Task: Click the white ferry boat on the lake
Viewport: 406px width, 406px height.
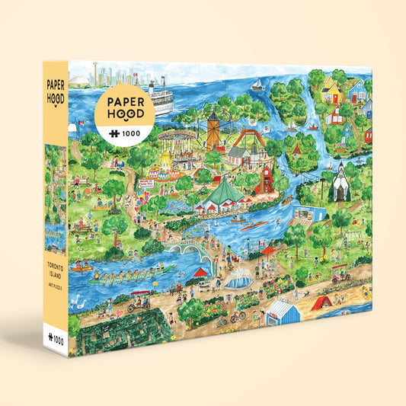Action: pos(161,96)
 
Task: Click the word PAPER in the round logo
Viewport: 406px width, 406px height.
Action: pos(125,102)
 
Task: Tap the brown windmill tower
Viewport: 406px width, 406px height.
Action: pos(213,129)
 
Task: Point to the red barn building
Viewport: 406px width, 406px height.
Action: pos(266,177)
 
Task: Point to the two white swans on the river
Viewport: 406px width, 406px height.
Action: pos(77,301)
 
